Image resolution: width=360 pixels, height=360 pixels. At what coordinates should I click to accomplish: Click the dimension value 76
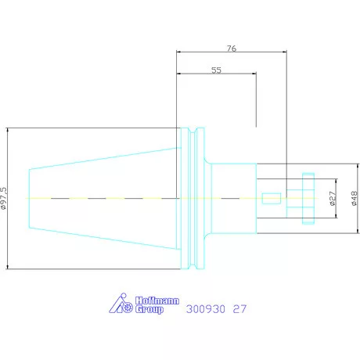[x=232, y=49]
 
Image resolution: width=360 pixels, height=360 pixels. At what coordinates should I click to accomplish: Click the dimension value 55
[x=216, y=70]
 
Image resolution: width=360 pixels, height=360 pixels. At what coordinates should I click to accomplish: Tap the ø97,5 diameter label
[x=4, y=198]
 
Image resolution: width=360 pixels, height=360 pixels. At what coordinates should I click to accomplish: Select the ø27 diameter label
[x=333, y=199]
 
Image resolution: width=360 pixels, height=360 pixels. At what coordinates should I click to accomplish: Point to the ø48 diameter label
[x=355, y=199]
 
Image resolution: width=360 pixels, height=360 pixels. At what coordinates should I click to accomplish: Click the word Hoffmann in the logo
[x=157, y=301]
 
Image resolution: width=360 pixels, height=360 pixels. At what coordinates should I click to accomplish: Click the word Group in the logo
[x=149, y=309]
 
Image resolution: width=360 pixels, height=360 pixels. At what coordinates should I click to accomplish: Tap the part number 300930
[x=206, y=309]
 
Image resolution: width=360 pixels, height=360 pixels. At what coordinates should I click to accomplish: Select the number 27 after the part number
[x=239, y=309]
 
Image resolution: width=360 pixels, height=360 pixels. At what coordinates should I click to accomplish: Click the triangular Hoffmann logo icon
[x=121, y=304]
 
